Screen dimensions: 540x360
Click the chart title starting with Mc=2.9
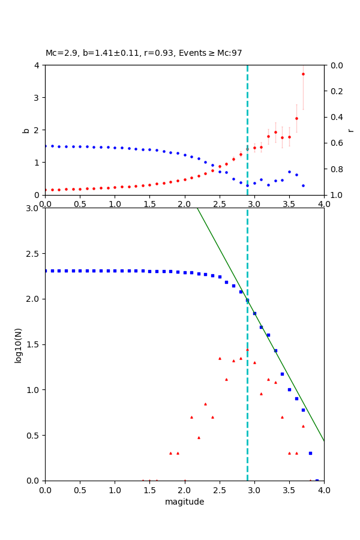coord(143,53)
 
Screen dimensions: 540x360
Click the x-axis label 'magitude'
coord(184,502)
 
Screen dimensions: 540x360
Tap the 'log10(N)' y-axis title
coord(18,344)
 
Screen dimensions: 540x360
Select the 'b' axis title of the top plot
coord(26,130)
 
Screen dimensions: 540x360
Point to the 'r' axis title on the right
coord(350,130)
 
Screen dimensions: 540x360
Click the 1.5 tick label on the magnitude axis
coord(149,490)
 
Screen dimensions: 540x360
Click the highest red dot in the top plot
coord(303,74)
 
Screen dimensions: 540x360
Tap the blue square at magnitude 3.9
coord(317,480)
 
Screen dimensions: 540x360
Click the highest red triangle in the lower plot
coord(247,350)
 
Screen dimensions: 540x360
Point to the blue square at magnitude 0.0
coord(45,271)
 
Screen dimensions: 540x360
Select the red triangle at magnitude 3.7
coord(303,426)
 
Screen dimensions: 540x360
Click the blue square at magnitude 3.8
coord(310,453)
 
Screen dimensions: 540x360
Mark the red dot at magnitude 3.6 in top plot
coord(296,118)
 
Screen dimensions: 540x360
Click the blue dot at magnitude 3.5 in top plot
coord(289,172)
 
